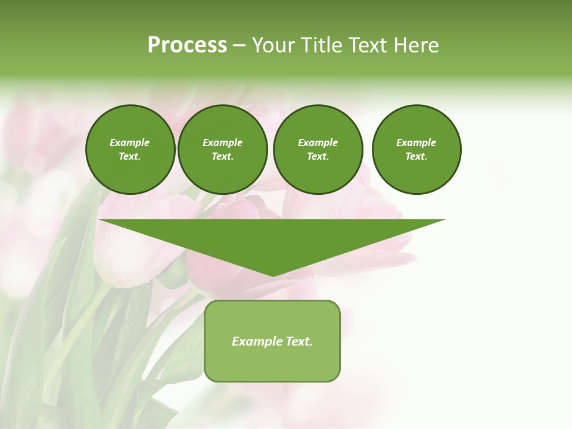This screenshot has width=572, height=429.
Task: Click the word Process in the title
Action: pyautogui.click(x=187, y=45)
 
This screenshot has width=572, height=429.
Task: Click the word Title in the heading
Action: pyautogui.click(x=320, y=45)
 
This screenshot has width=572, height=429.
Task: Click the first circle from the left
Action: pyautogui.click(x=130, y=150)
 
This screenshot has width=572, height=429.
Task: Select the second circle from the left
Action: pyautogui.click(x=222, y=150)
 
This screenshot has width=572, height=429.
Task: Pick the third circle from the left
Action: pyautogui.click(x=318, y=150)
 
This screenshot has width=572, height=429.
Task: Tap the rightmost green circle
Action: pyautogui.click(x=416, y=150)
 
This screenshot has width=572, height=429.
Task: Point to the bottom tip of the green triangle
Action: pyautogui.click(x=272, y=275)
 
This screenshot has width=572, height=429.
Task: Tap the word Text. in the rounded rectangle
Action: pyautogui.click(x=299, y=341)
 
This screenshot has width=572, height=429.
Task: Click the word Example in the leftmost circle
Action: pyautogui.click(x=130, y=142)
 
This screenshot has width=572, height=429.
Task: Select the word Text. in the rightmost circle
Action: pyautogui.click(x=416, y=157)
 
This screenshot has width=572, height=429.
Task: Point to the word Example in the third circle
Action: pyautogui.click(x=318, y=142)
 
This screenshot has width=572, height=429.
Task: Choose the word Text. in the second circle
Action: pyautogui.click(x=222, y=157)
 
